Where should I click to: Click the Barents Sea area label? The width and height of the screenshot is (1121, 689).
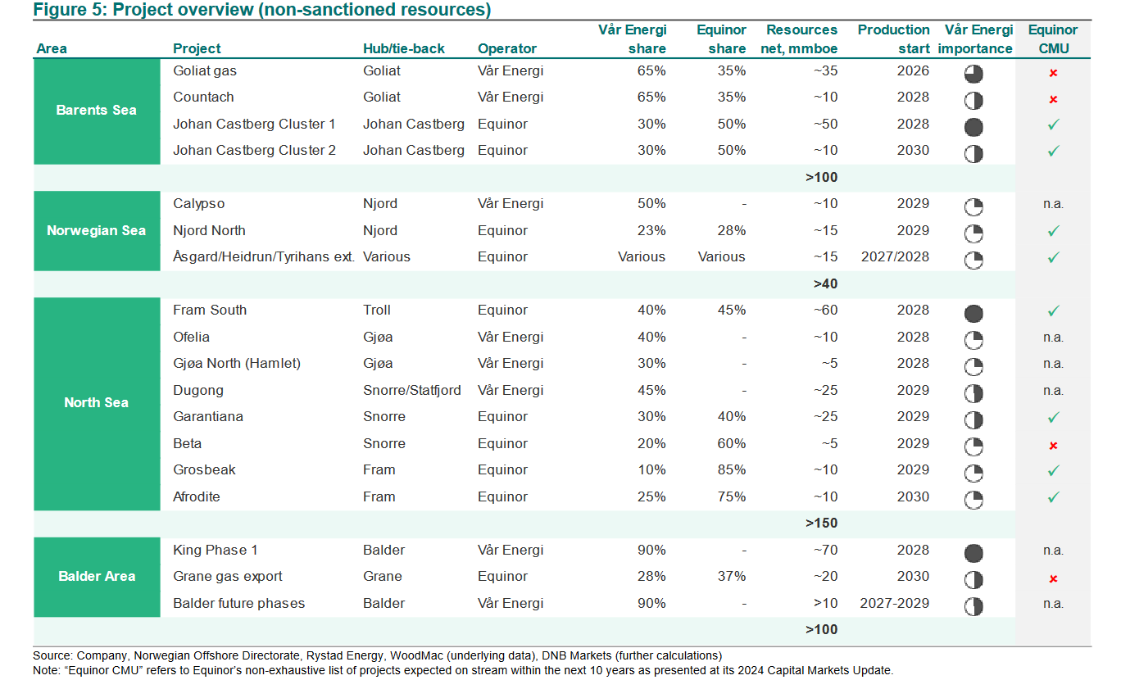(96, 110)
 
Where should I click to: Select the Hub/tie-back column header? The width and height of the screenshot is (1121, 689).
(403, 48)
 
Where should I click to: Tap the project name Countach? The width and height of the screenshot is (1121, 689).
(203, 97)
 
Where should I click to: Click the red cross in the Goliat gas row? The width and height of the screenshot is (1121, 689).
(1053, 73)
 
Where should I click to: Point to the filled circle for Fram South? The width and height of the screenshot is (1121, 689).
(973, 314)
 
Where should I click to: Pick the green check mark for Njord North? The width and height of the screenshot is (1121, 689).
(1053, 231)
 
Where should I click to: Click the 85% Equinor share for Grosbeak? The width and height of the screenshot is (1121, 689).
(731, 469)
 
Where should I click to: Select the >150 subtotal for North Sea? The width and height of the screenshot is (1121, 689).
(821, 523)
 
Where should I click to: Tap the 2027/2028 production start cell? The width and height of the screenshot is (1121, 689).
(895, 256)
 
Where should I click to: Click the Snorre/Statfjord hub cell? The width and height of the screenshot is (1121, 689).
(412, 390)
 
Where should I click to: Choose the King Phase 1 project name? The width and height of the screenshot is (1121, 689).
(216, 550)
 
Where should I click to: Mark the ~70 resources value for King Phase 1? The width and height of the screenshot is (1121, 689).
(825, 550)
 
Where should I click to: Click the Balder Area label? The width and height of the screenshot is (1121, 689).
(97, 577)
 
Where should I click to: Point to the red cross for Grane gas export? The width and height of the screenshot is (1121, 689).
(1053, 579)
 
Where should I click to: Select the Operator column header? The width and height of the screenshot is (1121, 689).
(507, 48)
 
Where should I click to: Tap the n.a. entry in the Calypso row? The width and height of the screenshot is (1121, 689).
(1053, 204)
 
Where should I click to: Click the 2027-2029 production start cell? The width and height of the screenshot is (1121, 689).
(894, 604)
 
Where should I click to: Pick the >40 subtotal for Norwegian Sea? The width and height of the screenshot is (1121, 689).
(825, 283)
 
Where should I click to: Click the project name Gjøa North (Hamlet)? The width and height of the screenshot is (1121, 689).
(237, 363)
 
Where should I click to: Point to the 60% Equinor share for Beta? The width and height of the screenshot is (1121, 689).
(731, 443)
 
